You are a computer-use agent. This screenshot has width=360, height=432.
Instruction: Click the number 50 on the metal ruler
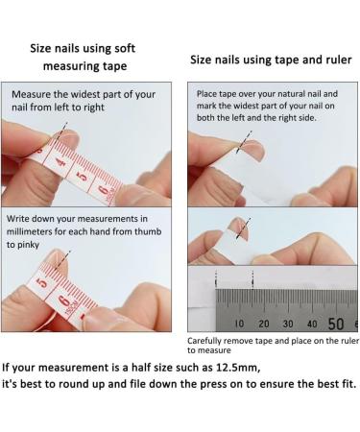click(336, 324)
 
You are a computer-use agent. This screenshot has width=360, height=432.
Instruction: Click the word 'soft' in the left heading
click(132, 44)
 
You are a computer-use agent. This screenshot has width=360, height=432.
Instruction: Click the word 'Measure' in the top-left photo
click(36, 95)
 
